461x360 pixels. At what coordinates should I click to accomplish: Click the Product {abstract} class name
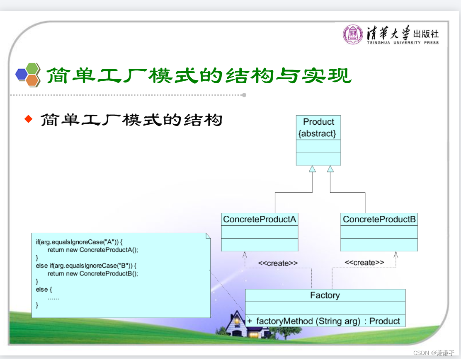pos(318,128)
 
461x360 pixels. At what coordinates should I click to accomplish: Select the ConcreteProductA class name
pos(260,220)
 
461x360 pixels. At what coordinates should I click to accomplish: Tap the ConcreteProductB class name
pos(379,220)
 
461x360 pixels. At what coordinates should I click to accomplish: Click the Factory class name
pos(325,295)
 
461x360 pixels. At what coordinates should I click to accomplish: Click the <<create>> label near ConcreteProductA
pos(277,263)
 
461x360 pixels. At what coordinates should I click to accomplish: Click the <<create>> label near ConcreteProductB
pos(364,263)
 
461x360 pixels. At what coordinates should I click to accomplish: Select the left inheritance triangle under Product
pos(312,169)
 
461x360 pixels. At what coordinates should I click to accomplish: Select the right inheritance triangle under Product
pos(330,169)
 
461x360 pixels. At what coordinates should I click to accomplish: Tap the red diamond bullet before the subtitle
pos(28,120)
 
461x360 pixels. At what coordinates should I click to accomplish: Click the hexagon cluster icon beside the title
pos(28,75)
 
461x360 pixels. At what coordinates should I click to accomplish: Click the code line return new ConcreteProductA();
pos(92,250)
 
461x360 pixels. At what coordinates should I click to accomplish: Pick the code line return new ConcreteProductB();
pos(92,273)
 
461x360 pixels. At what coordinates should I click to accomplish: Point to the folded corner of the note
pos(208,236)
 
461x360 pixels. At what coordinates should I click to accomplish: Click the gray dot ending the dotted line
pos(244,95)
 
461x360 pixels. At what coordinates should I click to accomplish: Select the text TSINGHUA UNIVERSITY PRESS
pos(403,42)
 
